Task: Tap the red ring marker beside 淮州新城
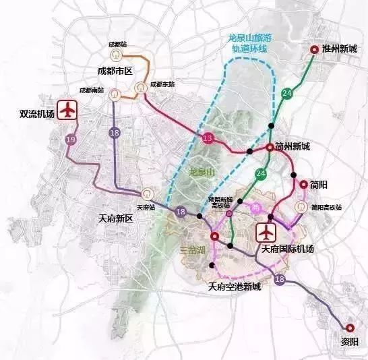tap(314, 49)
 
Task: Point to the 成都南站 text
tap(90, 90)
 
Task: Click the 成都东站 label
tap(162, 85)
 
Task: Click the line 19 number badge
tap(71, 139)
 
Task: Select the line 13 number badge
tap(208, 139)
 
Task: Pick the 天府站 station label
tap(145, 207)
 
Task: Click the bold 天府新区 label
tap(112, 219)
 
